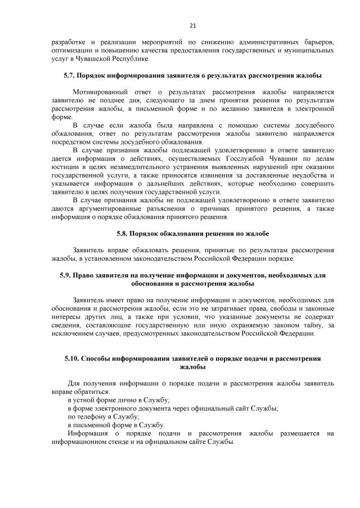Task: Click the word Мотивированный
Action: pyautogui.click(x=99, y=92)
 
